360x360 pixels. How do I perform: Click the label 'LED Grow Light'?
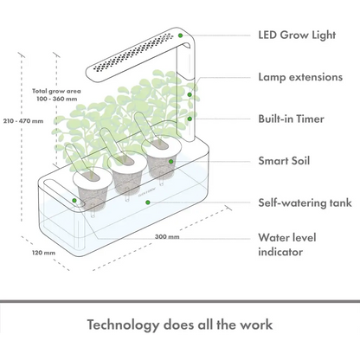[297, 36]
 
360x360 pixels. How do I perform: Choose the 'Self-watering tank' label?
[304, 202]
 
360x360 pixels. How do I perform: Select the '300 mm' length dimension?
[167, 235]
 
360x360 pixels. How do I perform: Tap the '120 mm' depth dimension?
[42, 253]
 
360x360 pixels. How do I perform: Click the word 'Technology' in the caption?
[131, 325]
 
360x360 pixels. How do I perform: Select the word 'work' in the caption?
[254, 325]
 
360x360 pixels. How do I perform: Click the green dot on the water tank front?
[148, 202]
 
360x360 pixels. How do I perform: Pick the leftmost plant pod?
[90, 178]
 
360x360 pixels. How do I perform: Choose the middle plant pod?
[124, 173]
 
